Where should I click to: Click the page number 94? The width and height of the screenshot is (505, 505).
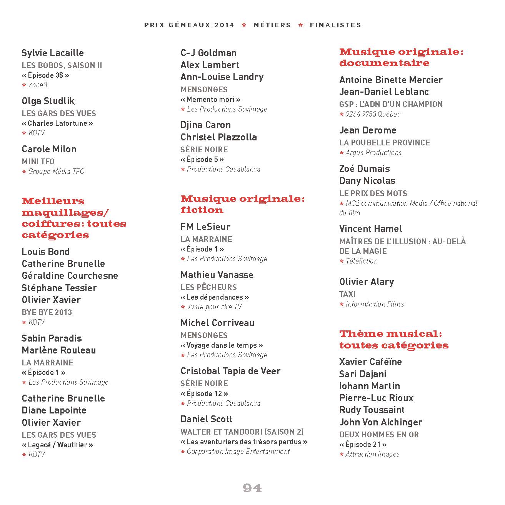point(252,488)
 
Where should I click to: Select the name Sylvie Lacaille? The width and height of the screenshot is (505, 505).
point(53,53)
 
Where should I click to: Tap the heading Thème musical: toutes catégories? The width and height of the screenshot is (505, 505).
point(393,339)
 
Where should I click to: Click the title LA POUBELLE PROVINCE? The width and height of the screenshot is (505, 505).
point(385,143)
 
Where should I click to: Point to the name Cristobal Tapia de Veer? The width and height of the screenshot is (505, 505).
point(230,371)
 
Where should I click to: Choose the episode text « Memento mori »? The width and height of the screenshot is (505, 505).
point(210,100)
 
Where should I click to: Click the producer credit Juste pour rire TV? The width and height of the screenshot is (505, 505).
point(214,307)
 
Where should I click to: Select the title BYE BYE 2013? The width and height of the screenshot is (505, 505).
point(47,312)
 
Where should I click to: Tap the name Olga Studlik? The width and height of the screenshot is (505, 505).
point(48,101)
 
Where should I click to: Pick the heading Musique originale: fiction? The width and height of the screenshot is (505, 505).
point(242,204)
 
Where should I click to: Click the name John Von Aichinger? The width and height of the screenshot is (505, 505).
point(380,422)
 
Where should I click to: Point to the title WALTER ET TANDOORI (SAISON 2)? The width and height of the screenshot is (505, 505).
point(242,432)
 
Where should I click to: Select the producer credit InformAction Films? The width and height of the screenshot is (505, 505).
point(375,304)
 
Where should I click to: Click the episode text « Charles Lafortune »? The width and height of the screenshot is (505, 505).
point(58,123)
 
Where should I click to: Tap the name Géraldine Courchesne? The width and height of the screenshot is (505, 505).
point(70,276)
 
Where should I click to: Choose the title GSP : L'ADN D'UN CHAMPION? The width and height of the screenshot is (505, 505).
point(391,104)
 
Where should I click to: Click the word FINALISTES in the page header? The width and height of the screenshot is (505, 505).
point(335,25)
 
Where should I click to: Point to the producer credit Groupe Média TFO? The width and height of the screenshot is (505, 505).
point(56,172)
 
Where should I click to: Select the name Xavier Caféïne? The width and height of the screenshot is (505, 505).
point(370,362)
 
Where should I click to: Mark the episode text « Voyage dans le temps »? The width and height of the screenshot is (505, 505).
point(222,345)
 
